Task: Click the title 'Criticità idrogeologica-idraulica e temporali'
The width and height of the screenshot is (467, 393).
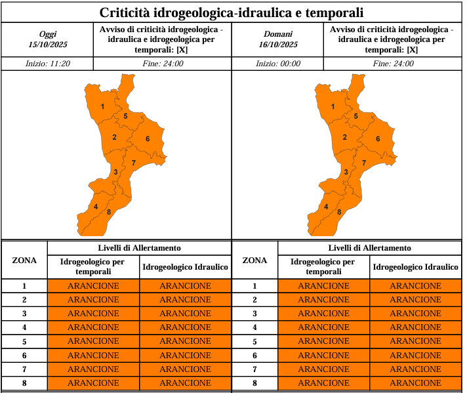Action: (x=232, y=12)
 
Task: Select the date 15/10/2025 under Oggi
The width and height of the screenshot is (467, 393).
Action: (x=48, y=45)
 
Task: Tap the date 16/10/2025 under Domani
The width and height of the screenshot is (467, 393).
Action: (x=278, y=45)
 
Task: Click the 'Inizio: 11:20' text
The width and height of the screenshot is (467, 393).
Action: (x=48, y=64)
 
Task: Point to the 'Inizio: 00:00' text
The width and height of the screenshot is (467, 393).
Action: (x=278, y=64)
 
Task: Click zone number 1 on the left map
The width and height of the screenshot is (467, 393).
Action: (x=102, y=106)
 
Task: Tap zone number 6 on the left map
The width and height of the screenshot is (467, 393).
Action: (x=148, y=138)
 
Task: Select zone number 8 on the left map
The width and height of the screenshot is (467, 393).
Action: (x=108, y=212)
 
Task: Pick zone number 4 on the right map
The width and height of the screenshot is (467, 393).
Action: (x=327, y=207)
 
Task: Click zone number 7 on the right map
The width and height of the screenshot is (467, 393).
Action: (x=364, y=162)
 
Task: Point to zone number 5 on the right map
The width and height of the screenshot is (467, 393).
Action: (x=355, y=116)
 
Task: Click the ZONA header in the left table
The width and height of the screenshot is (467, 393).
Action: (x=24, y=260)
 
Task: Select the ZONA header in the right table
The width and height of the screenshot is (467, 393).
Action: (x=254, y=260)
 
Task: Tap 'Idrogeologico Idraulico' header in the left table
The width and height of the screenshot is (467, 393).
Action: (x=185, y=267)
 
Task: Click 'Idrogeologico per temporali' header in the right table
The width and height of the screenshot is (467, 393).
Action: (x=323, y=266)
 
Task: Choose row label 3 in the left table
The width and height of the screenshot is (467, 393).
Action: (x=24, y=314)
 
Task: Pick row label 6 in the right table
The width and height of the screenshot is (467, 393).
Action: (x=254, y=355)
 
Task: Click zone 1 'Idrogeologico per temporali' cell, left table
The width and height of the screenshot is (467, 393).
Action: (x=93, y=286)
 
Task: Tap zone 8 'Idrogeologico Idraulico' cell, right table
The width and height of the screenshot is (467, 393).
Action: (x=415, y=383)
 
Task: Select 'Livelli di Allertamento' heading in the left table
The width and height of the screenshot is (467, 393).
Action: (x=139, y=248)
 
